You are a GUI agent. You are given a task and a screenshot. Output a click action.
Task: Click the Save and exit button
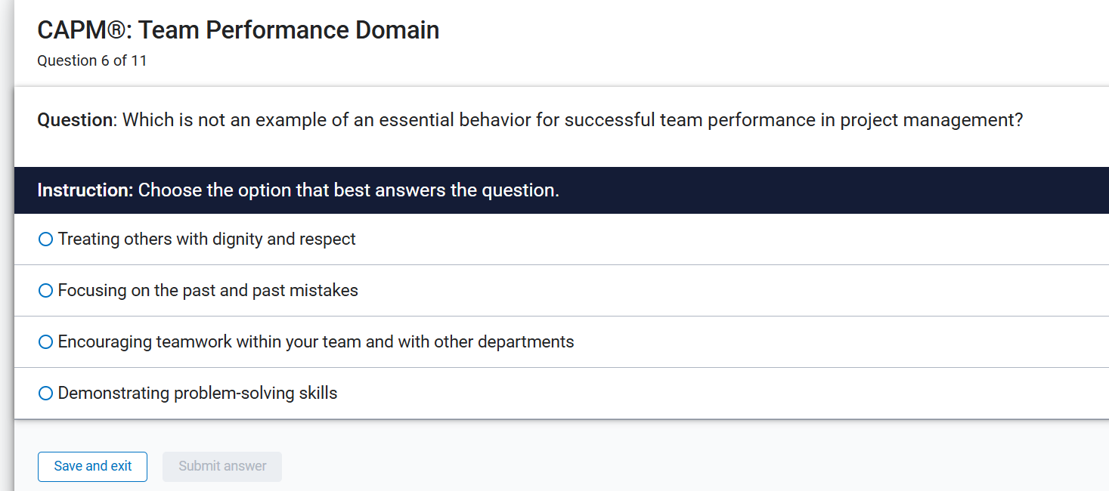[x=92, y=466]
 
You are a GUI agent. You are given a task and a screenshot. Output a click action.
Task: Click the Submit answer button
[x=222, y=466]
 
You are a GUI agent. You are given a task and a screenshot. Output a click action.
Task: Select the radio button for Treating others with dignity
[x=45, y=239]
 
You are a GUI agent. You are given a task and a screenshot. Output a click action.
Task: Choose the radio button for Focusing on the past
[x=45, y=291]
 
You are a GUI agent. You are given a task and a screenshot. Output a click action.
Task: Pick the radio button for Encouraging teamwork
[x=45, y=342]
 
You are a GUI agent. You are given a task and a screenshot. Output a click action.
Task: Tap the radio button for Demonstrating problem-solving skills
[x=45, y=394]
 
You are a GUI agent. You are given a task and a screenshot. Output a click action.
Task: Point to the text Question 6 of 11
[x=91, y=61]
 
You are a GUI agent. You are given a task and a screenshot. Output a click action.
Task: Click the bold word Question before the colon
[x=74, y=120]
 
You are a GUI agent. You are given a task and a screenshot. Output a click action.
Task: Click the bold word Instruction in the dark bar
[x=84, y=190]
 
